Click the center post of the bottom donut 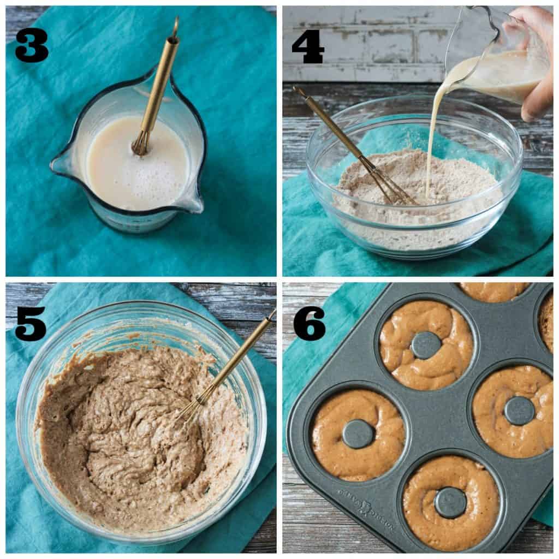pos(450,502)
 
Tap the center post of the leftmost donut pos(358,434)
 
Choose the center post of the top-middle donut pos(426,345)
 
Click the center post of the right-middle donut pos(519,411)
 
